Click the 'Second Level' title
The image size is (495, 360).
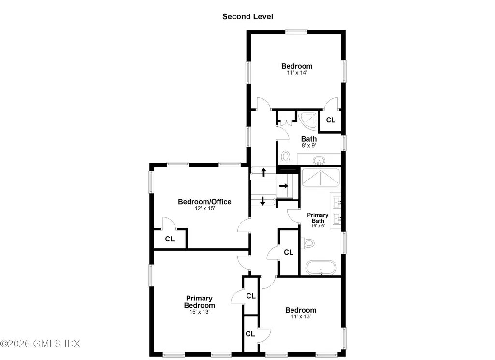tap(247, 17)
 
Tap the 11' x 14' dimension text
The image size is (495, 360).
tap(297, 73)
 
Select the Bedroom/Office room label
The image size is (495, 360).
tap(204, 202)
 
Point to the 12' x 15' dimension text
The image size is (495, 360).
tap(204, 208)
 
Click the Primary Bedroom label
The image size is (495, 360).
tap(200, 302)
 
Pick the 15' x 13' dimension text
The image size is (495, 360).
tap(200, 312)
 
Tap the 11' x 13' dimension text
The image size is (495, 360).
tap(301, 316)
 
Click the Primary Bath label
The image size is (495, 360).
tap(318, 218)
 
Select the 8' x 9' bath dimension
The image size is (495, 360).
tap(309, 146)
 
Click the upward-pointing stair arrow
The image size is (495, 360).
tap(263, 172)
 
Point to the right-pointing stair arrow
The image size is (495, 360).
tap(283, 186)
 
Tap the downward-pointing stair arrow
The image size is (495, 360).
tap(262, 201)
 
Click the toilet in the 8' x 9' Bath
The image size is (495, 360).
tap(286, 157)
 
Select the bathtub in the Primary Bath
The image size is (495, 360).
tap(321, 268)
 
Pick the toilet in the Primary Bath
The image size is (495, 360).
tap(307, 243)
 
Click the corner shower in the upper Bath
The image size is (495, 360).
tap(307, 121)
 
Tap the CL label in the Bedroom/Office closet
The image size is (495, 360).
tap(170, 239)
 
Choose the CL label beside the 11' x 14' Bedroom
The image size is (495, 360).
tap(331, 120)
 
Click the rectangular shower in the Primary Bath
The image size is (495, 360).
tap(321, 178)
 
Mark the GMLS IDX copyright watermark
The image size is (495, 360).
tap(40, 344)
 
